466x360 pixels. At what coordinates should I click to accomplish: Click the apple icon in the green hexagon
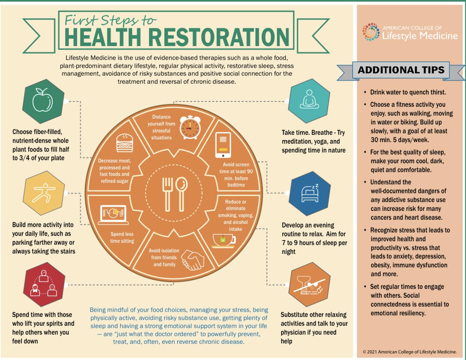click(x=43, y=100)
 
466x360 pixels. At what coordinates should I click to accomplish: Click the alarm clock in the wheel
click(x=190, y=127)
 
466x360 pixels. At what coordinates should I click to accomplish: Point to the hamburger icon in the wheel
click(x=124, y=143)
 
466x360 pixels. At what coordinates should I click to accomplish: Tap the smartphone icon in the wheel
click(x=223, y=145)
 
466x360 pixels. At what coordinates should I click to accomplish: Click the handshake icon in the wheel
click(x=193, y=260)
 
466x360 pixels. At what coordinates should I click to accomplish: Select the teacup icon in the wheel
click(x=224, y=241)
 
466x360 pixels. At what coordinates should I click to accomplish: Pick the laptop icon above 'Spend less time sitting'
click(x=113, y=215)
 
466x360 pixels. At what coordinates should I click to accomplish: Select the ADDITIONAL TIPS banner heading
click(x=401, y=70)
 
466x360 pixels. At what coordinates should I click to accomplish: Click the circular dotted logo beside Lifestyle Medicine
click(x=371, y=32)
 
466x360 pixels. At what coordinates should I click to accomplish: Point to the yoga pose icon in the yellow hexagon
click(x=43, y=193)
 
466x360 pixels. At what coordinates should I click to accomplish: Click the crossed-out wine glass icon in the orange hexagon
click(x=309, y=285)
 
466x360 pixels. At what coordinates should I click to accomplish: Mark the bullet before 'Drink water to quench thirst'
click(x=365, y=92)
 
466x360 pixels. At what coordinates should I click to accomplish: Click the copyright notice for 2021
click(x=410, y=352)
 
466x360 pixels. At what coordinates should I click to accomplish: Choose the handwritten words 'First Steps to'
click(x=110, y=21)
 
